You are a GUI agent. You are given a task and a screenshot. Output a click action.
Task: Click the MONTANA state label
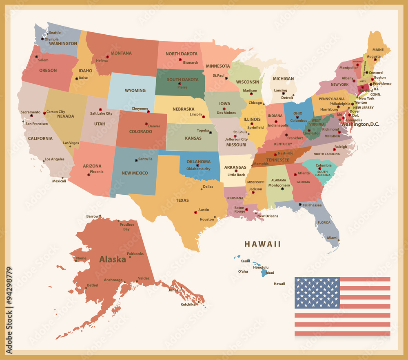tap(121, 53)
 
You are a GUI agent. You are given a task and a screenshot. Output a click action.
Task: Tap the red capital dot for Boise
tap(77, 79)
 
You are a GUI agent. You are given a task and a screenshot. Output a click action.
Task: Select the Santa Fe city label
tap(145, 159)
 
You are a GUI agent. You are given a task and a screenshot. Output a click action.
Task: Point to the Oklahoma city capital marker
tap(197, 165)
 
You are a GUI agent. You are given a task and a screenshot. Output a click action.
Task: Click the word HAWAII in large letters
tap(262, 244)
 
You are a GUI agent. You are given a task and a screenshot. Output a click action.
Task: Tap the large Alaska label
tap(112, 259)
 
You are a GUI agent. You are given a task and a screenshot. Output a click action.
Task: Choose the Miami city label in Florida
tap(332, 238)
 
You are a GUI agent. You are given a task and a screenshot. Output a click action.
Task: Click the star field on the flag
tap(317, 292)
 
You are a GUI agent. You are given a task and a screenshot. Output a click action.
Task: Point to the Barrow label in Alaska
tap(92, 216)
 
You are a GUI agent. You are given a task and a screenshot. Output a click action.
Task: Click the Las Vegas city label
tap(71, 143)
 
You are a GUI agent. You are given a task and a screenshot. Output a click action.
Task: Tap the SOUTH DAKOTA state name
tap(180, 80)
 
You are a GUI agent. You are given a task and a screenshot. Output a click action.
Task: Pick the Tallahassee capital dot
tap(300, 204)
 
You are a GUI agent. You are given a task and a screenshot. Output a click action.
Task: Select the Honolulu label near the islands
tap(261, 267)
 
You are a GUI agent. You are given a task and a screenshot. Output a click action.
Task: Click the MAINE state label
tap(378, 50)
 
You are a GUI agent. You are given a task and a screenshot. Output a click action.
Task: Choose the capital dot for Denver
tap(146, 124)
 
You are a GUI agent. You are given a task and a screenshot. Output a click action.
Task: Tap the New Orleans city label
tap(268, 216)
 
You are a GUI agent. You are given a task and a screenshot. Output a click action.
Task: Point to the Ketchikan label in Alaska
tap(189, 304)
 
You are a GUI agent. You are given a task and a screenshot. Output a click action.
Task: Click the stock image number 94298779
tap(9, 310)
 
